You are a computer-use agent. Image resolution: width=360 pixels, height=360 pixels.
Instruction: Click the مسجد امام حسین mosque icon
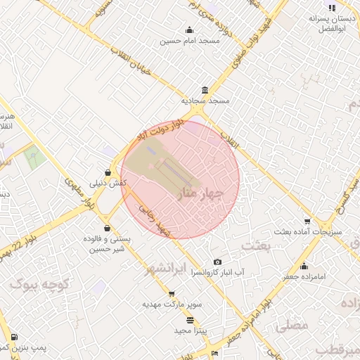click(189, 30)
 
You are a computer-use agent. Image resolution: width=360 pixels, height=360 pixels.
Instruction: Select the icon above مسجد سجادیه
click(205, 90)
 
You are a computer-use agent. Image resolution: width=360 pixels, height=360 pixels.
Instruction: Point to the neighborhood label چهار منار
click(201, 192)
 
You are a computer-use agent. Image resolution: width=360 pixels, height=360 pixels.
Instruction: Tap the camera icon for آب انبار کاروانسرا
click(217, 262)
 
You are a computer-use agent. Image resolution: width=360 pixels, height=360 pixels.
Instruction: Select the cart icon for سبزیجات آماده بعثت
click(307, 221)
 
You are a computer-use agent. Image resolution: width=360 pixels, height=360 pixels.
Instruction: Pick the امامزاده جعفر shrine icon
click(304, 266)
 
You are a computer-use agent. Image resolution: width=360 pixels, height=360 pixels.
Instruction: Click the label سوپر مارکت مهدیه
click(172, 304)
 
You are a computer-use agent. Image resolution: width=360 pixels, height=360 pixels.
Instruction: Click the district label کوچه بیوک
click(38, 284)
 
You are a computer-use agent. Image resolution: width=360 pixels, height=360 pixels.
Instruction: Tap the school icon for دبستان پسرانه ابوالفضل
click(332, 8)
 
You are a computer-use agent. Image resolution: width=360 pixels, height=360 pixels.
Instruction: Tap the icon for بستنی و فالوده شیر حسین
click(107, 228)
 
